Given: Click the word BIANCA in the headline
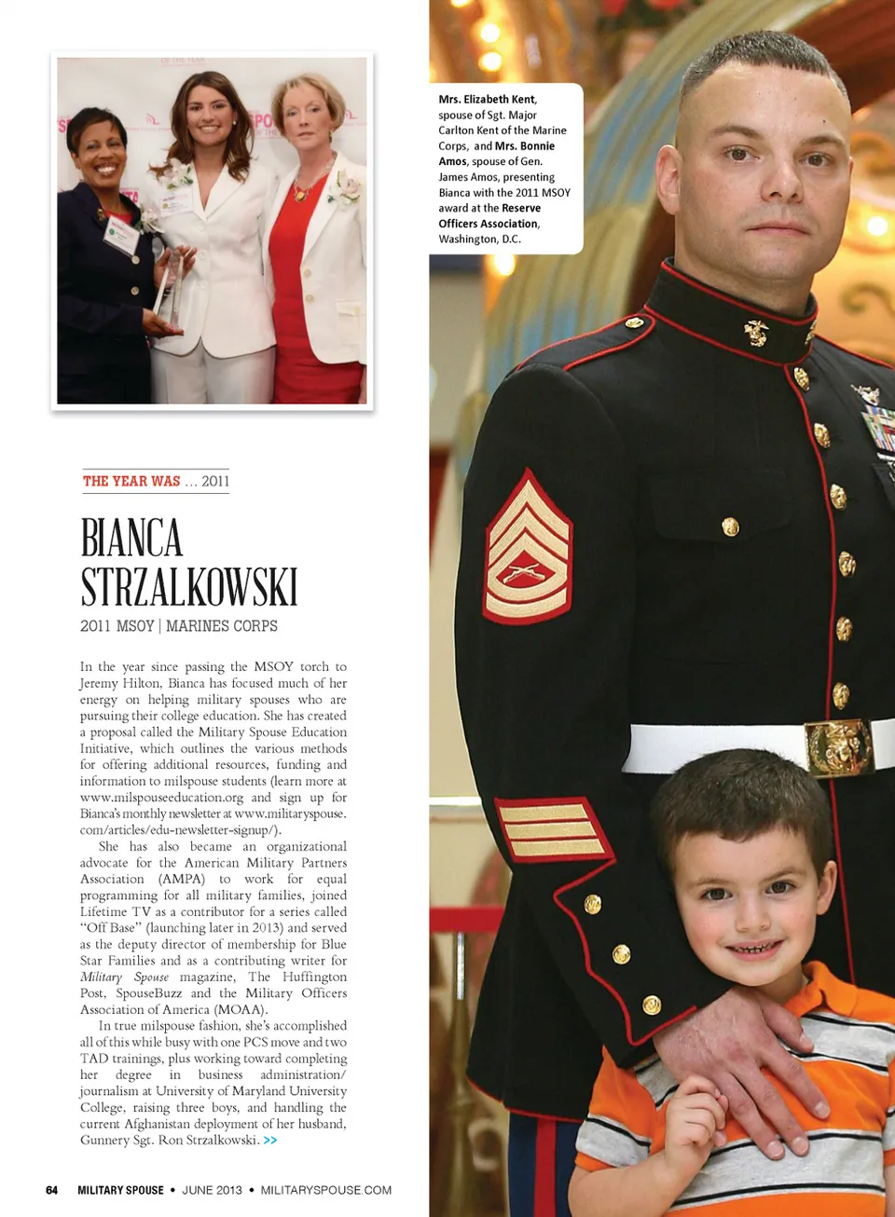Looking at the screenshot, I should [x=131, y=539].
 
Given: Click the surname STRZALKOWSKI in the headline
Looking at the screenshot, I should [x=188, y=587].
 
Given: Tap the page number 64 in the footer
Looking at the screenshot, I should [x=52, y=1190].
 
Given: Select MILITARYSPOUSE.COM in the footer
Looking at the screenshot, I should [x=325, y=1190].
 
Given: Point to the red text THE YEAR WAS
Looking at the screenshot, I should [x=131, y=481].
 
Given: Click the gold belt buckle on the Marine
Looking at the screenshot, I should [x=837, y=746].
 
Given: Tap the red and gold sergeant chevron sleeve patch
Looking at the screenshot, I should [x=528, y=550].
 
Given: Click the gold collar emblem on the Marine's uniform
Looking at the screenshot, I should [x=756, y=333].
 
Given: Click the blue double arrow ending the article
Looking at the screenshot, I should [x=270, y=1141].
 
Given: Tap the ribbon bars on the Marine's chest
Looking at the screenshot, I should [x=878, y=430].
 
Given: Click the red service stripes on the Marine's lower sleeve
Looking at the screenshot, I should [x=552, y=828].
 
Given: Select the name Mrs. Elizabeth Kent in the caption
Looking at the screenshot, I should [x=488, y=99].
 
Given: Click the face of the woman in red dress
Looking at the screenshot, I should [x=306, y=116].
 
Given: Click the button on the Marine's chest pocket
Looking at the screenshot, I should [x=730, y=527].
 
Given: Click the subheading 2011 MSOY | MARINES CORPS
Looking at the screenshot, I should [x=179, y=626].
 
